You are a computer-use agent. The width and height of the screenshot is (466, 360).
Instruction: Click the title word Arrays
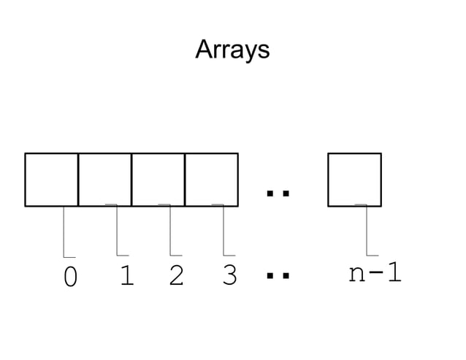tap(232, 50)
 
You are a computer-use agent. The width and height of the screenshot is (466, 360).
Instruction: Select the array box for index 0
tap(51, 180)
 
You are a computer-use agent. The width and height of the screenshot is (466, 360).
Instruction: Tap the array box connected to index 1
tap(104, 180)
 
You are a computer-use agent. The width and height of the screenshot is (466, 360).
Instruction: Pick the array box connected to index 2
tap(158, 180)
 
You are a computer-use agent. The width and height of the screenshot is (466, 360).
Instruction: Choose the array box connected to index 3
tap(211, 180)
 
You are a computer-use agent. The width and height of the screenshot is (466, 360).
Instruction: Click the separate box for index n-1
tap(354, 180)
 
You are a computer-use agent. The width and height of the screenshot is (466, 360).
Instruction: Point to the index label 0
tap(70, 277)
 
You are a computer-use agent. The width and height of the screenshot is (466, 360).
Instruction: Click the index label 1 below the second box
tap(126, 275)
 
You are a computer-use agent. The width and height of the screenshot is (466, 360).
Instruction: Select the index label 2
tap(176, 275)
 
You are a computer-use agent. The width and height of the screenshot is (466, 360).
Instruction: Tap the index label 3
tap(229, 275)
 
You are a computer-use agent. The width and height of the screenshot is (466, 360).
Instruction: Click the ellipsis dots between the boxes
tap(278, 194)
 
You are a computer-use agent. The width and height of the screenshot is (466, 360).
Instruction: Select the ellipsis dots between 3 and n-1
tap(278, 276)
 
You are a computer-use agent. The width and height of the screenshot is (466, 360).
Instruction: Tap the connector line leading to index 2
tap(170, 232)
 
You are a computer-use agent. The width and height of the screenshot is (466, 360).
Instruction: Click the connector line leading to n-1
tap(367, 232)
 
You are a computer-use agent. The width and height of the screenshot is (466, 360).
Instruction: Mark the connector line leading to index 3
tap(224, 232)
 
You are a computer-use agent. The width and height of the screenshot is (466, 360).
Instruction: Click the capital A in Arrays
tap(204, 50)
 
